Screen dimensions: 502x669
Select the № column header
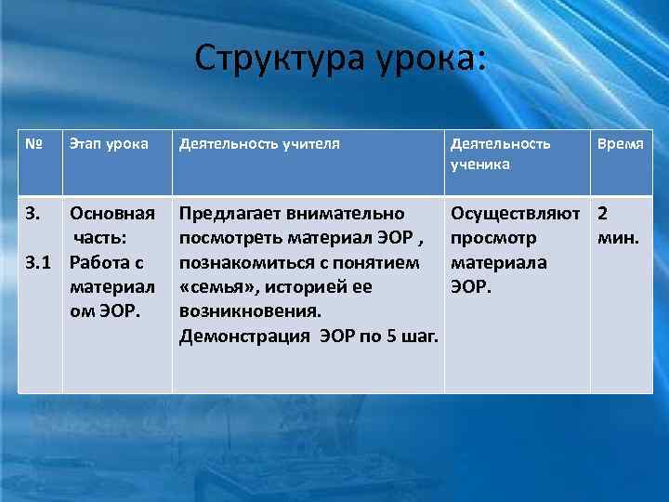(x=35, y=144)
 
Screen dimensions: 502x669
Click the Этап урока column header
(x=109, y=144)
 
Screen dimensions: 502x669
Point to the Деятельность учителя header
(x=259, y=144)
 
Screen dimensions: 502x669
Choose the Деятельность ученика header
(x=500, y=153)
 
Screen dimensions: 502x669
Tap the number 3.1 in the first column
(x=37, y=262)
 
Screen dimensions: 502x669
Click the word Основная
(x=112, y=214)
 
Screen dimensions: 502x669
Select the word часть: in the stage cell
(x=108, y=238)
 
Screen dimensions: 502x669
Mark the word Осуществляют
(x=515, y=214)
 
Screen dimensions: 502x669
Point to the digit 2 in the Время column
(x=603, y=214)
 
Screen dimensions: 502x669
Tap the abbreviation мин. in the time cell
(x=617, y=238)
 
